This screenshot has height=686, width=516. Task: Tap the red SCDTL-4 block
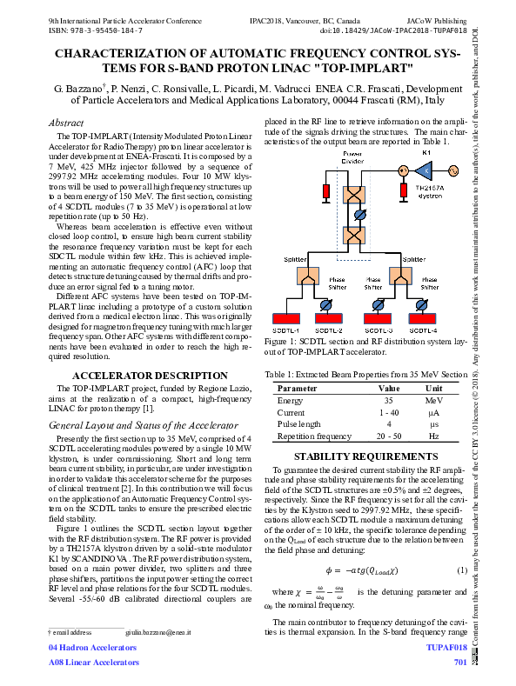423,318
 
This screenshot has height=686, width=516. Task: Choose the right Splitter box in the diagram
401,276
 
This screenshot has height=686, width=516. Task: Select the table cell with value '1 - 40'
388,412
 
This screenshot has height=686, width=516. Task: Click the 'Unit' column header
433,388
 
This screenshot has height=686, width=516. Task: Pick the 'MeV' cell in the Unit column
433,400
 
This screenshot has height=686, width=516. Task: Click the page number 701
460,663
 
